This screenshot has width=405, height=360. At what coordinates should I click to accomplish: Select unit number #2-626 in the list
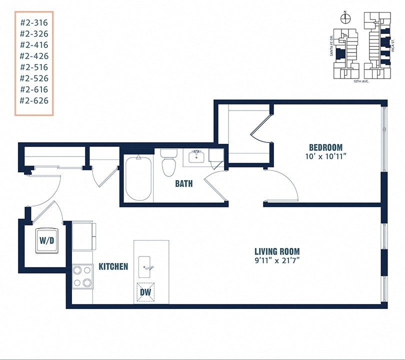tap(33, 100)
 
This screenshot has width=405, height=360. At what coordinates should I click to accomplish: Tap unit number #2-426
tap(33, 55)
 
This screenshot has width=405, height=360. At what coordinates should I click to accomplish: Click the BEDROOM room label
tap(325, 147)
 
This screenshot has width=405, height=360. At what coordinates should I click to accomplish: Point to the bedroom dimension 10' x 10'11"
tap(325, 156)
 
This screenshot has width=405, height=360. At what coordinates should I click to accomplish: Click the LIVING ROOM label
tap(277, 251)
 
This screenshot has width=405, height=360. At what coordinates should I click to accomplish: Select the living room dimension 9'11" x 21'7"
tap(277, 260)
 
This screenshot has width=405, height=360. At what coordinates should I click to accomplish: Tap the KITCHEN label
tap(113, 267)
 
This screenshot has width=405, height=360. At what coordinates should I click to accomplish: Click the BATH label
tap(183, 184)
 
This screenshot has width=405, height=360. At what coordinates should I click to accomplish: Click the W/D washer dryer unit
tap(46, 239)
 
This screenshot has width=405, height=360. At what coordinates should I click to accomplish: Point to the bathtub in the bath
tap(138, 178)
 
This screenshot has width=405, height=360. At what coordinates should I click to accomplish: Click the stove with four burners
tap(82, 276)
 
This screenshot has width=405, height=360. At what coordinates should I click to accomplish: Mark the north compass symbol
tap(345, 19)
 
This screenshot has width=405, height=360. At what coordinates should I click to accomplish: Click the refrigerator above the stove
tap(83, 236)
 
